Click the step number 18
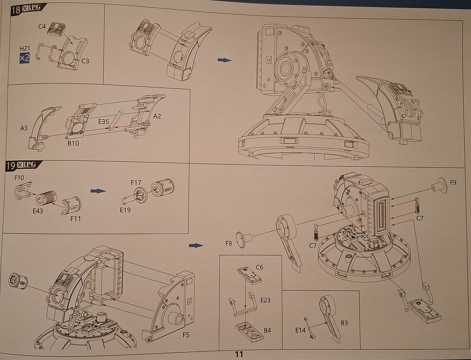(16, 9)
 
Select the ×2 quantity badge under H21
(24, 58)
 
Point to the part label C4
(42, 27)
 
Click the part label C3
(85, 61)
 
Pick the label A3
(24, 127)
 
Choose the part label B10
(73, 143)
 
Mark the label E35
(103, 122)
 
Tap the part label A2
(157, 116)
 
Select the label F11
(75, 219)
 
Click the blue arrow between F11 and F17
(98, 191)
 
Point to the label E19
(125, 210)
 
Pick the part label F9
(453, 182)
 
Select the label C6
(260, 267)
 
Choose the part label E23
(265, 300)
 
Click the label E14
(300, 330)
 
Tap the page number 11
(239, 354)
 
